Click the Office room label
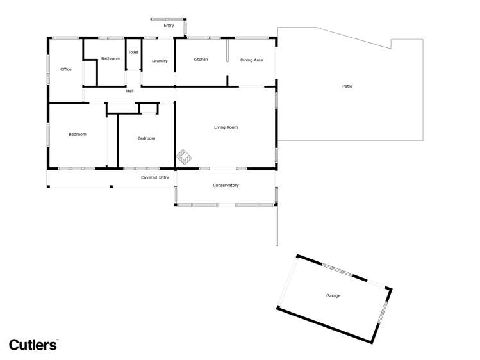(x=65, y=69)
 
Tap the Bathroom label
(x=110, y=59)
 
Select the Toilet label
(x=133, y=52)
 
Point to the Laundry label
(x=160, y=61)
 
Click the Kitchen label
(x=201, y=60)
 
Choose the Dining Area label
(x=251, y=60)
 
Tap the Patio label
(x=347, y=86)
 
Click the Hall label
(x=129, y=91)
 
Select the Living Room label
(x=226, y=127)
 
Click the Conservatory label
(x=226, y=186)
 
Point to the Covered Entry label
(x=155, y=177)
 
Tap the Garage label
(x=333, y=296)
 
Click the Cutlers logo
(x=33, y=344)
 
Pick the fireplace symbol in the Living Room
(x=185, y=156)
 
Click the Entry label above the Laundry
(x=169, y=26)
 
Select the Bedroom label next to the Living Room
(x=146, y=138)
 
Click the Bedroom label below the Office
(x=78, y=134)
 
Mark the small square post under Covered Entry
(x=111, y=186)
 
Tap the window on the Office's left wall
(x=48, y=69)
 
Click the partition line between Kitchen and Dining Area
(x=228, y=52)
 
